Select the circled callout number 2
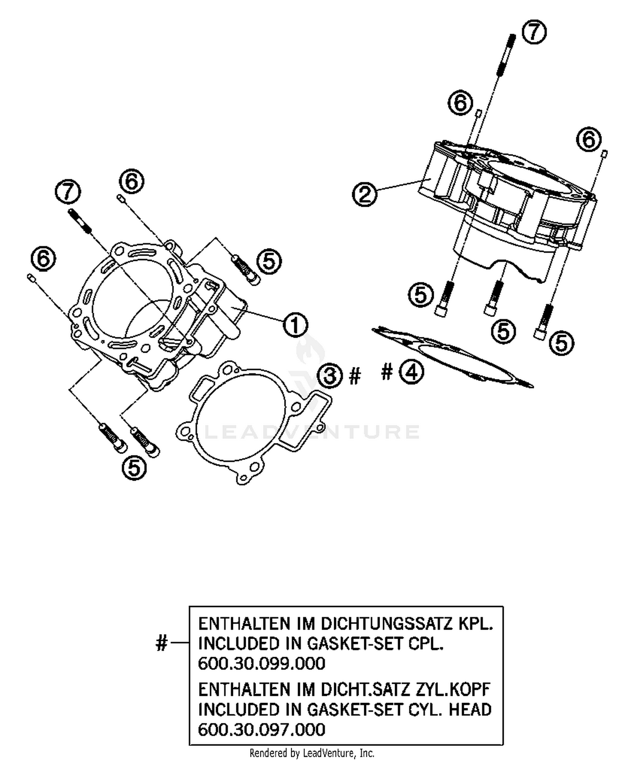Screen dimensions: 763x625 coord(364,194)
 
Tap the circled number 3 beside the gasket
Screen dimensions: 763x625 coord(330,376)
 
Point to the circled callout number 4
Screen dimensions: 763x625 coord(411,372)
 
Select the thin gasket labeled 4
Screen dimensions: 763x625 coord(454,357)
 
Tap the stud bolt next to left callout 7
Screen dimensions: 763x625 coord(79,221)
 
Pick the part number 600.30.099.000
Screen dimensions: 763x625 coord(261,663)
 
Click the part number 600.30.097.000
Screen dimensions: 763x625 coord(261,730)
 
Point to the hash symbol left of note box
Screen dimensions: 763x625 coord(162,643)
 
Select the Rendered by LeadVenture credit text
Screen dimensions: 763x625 coord(312,753)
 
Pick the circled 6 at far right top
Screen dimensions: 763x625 coord(589,139)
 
